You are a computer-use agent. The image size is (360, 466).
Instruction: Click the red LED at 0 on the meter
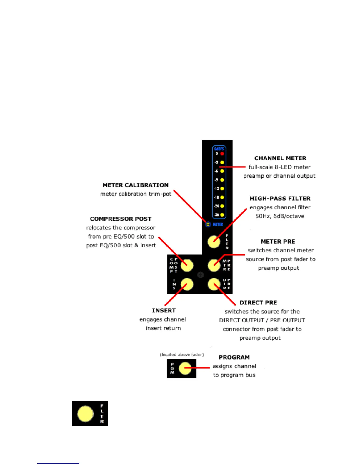point(222,154)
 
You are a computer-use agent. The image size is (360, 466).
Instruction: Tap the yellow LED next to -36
point(222,215)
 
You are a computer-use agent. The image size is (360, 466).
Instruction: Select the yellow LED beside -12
point(222,189)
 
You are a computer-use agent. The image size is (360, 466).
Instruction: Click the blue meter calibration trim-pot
point(208,224)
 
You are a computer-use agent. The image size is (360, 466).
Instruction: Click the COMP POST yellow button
point(187,265)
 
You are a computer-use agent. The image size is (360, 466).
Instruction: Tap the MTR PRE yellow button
point(214,265)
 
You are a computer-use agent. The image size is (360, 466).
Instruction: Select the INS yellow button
point(187,284)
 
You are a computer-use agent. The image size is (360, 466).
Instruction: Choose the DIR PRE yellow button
point(214,284)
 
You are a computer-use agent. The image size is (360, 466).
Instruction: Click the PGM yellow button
point(185,368)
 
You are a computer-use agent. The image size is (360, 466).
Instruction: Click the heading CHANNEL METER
point(280,158)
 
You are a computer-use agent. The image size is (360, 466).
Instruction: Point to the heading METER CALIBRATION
point(136,185)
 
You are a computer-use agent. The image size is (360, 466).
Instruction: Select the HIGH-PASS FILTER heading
point(280,199)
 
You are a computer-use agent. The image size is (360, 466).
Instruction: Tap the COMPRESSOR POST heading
point(121,219)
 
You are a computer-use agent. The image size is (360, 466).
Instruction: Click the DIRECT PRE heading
point(258,303)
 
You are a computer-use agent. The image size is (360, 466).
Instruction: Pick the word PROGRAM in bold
point(234,357)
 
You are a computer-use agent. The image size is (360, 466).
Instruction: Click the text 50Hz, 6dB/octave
point(280,216)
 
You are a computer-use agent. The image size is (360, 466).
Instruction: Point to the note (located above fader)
point(182,355)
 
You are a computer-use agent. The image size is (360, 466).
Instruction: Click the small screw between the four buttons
point(200,275)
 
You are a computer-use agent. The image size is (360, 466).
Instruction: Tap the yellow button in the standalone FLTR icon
point(85,414)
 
